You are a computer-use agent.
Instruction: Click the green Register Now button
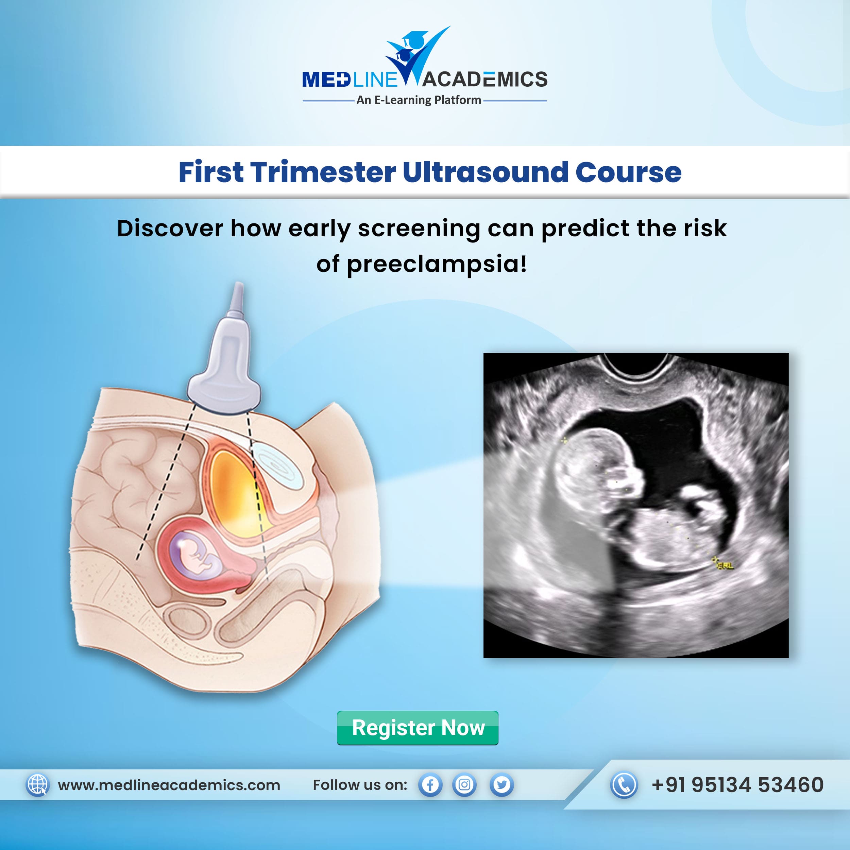tap(418, 728)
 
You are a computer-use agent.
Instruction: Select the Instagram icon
tap(464, 785)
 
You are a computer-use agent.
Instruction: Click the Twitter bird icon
tap(502, 785)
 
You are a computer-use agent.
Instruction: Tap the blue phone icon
tap(624, 785)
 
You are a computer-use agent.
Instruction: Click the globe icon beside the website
tap(38, 785)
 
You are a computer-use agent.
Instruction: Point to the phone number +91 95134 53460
tap(737, 785)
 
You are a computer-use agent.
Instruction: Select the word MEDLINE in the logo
tap(350, 80)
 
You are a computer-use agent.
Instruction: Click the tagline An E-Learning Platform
tap(419, 100)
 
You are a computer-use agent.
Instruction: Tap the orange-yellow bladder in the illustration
tap(234, 493)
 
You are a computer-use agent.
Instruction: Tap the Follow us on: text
tap(360, 785)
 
